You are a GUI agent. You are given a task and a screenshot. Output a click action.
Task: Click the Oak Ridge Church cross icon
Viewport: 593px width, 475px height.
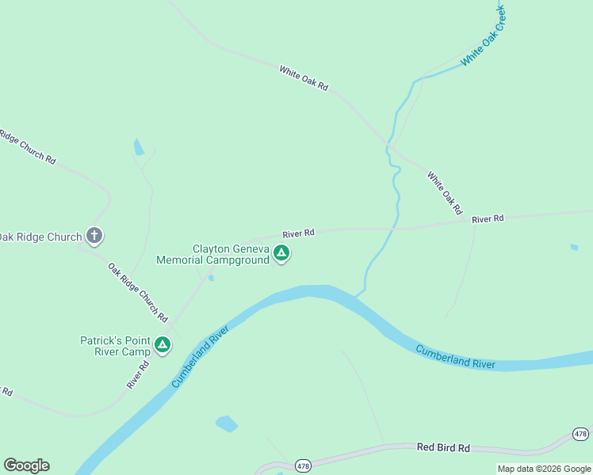[94, 235]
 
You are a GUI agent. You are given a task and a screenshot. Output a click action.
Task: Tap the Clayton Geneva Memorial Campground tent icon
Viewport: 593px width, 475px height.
[281, 253]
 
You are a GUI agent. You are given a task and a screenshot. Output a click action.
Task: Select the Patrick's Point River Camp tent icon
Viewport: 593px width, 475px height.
[163, 345]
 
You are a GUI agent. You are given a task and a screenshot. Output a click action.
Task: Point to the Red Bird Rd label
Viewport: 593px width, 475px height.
[443, 447]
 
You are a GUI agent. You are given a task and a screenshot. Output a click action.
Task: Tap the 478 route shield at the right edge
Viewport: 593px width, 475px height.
[581, 434]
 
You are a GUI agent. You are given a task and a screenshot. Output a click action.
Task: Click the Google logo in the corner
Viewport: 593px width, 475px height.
[26, 465]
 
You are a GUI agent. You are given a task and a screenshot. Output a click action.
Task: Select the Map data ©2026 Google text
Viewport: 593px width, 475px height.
[544, 469]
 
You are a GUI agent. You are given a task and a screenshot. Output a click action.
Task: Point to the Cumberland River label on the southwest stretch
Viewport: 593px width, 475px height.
[200, 355]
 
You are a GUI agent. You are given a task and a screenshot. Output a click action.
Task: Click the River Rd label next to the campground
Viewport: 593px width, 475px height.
[299, 233]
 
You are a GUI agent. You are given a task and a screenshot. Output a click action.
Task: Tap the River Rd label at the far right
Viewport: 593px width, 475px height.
[488, 218]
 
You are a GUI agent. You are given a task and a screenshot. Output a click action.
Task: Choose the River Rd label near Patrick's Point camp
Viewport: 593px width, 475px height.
[138, 376]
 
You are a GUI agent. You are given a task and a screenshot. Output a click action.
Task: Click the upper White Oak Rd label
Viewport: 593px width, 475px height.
[303, 78]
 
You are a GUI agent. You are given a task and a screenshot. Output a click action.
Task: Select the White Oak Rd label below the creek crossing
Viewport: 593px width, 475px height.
[444, 193]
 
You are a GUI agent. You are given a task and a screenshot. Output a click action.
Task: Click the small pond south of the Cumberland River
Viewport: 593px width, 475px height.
[227, 424]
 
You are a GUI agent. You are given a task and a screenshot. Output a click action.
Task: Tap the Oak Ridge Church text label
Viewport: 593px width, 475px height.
[40, 237]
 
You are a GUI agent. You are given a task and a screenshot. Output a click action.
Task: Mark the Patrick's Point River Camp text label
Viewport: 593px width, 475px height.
[115, 346]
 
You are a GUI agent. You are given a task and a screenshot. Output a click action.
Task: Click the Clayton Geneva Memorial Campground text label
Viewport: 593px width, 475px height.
[213, 254]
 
